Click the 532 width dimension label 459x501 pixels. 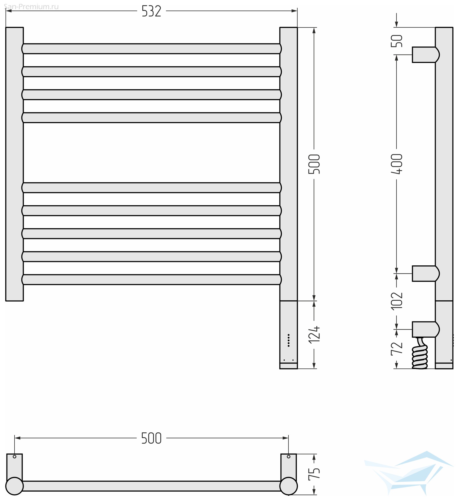(151, 11)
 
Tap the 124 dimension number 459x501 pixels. (314, 335)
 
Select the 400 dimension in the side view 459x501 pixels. (397, 164)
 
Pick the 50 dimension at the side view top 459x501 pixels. (397, 41)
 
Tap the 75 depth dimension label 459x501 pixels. (314, 474)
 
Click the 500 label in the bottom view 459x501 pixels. (151, 438)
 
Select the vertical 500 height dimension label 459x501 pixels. (314, 164)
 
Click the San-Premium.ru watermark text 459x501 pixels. (31, 7)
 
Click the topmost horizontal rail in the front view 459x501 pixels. (152, 49)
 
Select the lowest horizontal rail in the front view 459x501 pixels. (152, 280)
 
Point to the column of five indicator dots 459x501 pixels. (288, 340)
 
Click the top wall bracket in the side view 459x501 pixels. (426, 55)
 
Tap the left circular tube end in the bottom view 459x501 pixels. (15, 486)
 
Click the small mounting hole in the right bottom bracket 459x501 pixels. (288, 457)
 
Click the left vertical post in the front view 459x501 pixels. (15, 164)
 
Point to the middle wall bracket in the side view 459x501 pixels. (426, 274)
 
